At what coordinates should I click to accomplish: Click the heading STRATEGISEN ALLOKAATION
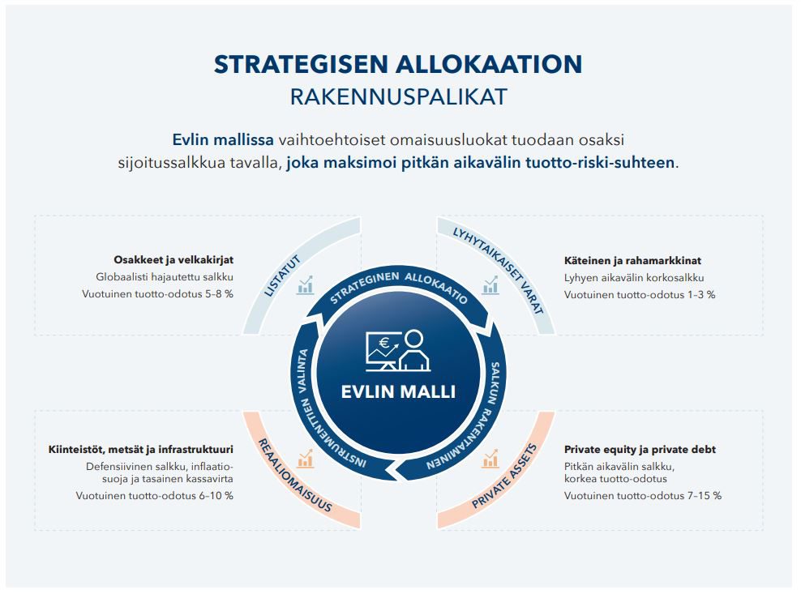[398, 65]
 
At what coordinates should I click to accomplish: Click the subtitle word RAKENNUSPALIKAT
[398, 97]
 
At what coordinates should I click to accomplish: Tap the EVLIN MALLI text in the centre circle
[398, 392]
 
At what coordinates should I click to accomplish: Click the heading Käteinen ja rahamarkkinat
[632, 261]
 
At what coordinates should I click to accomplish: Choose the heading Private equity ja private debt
[640, 450]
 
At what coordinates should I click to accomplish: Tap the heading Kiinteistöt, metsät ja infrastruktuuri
[140, 450]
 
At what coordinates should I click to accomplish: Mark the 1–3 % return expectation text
[640, 294]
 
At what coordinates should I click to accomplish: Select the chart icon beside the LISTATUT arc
[306, 284]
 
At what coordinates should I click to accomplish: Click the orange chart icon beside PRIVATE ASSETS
[490, 459]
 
